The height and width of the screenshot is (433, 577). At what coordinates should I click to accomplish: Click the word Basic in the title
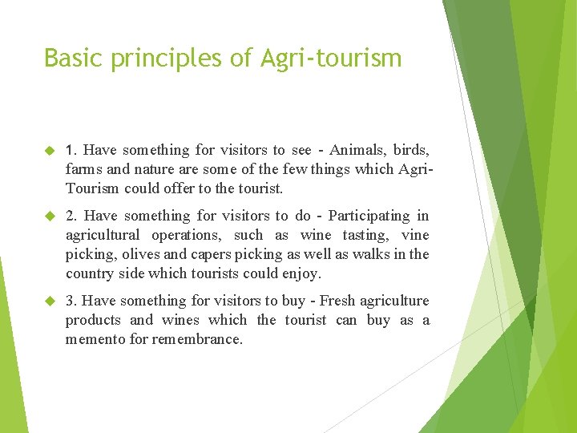pyautogui.click(x=71, y=58)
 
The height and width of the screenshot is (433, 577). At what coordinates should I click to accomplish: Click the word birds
pyautogui.click(x=410, y=150)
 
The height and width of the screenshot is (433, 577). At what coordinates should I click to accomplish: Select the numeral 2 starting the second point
pyautogui.click(x=71, y=216)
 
